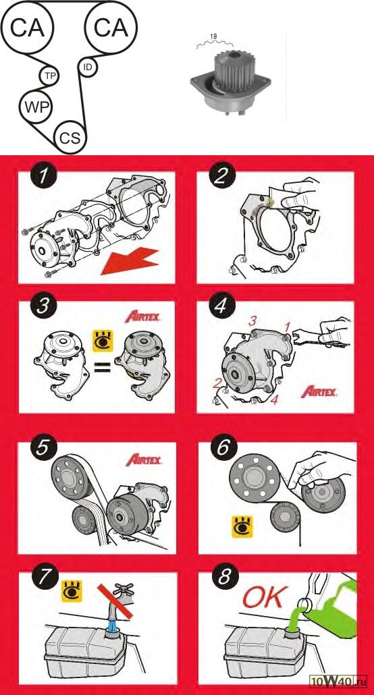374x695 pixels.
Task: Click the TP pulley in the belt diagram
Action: point(49,76)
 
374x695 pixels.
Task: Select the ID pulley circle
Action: point(88,67)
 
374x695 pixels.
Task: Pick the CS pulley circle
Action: point(70,138)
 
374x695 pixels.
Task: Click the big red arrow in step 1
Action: point(130,262)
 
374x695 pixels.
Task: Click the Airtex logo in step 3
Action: point(143,317)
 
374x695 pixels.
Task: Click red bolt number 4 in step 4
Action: point(275,400)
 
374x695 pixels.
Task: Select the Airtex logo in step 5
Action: point(144,460)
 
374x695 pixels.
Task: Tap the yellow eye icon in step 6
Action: point(242,526)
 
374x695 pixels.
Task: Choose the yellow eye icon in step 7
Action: point(70,591)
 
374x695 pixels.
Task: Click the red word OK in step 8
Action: point(263,598)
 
